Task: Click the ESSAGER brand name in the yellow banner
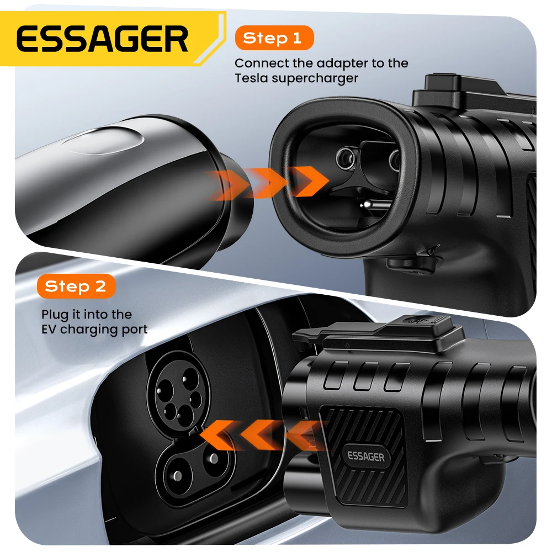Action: pos(102,39)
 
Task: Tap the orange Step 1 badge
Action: pos(273,38)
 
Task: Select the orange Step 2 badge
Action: pos(75,286)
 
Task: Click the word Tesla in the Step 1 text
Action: pos(252,78)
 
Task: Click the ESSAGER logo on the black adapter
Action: pos(365,456)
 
